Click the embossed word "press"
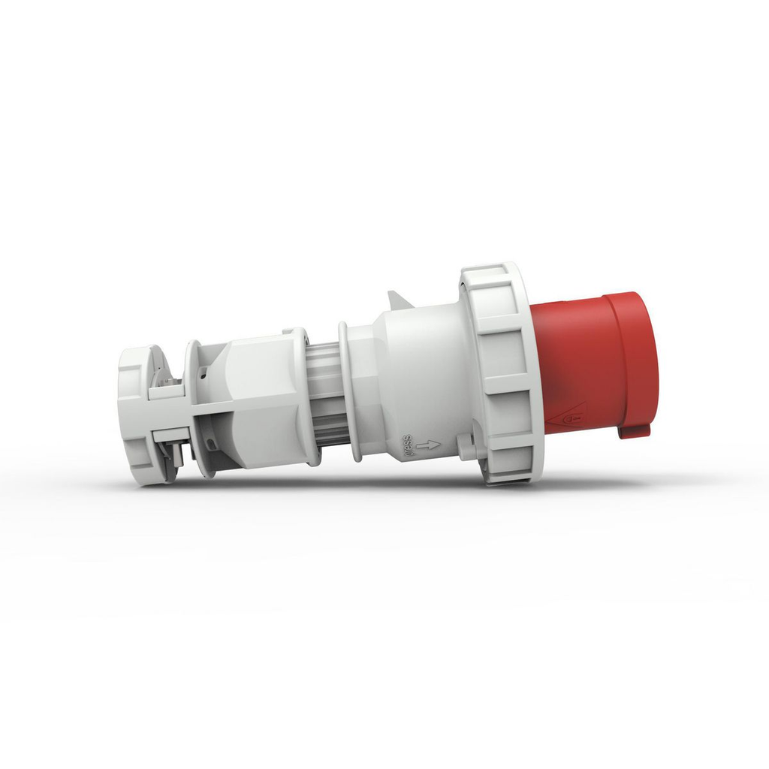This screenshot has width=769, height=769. [409, 445]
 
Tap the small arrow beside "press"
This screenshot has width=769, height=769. [428, 445]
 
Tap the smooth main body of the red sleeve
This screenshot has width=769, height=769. [571, 360]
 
